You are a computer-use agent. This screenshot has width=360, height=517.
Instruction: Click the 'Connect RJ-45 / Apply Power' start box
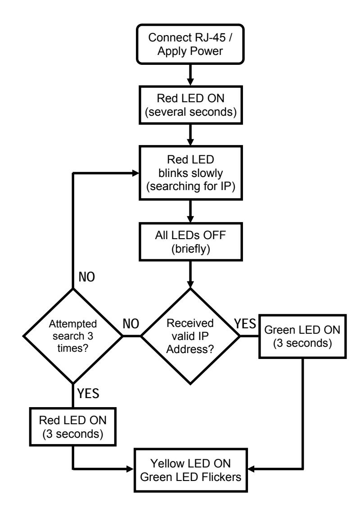click(x=190, y=44)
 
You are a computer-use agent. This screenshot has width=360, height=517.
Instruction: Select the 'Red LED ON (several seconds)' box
click(x=191, y=105)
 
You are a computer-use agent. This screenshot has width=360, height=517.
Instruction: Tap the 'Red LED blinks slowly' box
click(x=191, y=173)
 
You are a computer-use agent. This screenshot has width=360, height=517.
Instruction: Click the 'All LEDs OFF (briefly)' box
click(x=191, y=242)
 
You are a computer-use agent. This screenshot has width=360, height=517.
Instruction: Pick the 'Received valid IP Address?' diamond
click(x=190, y=336)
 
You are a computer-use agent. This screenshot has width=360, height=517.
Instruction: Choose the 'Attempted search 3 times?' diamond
click(x=73, y=336)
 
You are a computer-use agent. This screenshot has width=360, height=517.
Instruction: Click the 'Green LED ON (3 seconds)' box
click(x=302, y=336)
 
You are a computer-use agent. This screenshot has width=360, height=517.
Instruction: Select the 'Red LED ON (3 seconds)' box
click(x=73, y=427)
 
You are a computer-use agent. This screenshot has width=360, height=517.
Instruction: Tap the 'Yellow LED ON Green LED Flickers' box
click(x=191, y=470)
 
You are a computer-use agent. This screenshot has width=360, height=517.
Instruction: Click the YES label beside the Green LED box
click(x=245, y=324)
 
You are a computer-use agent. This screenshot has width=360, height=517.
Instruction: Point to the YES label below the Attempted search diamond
click(x=88, y=393)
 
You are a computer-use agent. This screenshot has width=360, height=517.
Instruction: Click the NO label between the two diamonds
click(x=131, y=324)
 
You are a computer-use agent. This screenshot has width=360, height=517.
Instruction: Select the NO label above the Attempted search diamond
click(x=86, y=277)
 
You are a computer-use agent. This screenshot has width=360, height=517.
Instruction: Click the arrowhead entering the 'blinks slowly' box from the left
click(x=135, y=173)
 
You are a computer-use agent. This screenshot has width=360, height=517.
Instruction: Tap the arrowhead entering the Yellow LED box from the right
click(x=251, y=469)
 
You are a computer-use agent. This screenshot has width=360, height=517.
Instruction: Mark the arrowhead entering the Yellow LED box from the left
click(x=130, y=469)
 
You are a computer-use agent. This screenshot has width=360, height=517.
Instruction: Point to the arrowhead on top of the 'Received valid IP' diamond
click(x=190, y=284)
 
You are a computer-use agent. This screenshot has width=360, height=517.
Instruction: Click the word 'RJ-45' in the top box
click(x=210, y=37)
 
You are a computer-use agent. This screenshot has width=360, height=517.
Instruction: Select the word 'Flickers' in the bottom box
click(x=221, y=477)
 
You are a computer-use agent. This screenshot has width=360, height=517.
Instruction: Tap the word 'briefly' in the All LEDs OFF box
click(x=191, y=249)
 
